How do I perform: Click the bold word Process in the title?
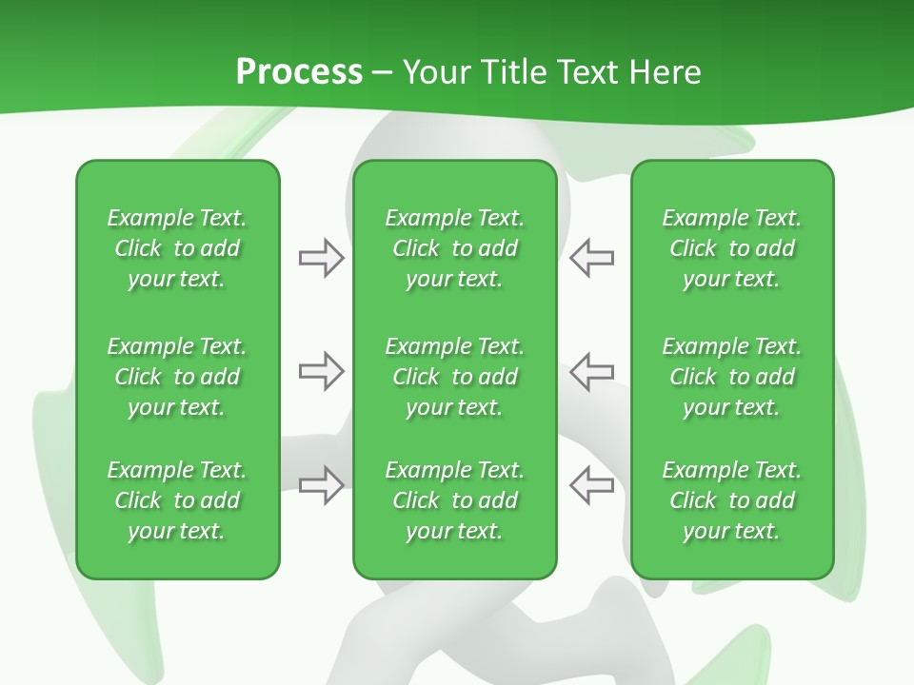(x=299, y=72)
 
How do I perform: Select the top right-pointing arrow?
(x=321, y=258)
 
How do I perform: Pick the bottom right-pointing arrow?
(x=321, y=484)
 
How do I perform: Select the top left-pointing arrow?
(x=591, y=258)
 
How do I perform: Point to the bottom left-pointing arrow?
(x=591, y=484)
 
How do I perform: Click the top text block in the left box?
(x=177, y=248)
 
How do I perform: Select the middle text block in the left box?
(x=177, y=377)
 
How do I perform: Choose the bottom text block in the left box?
(x=177, y=500)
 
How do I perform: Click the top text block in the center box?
(x=454, y=248)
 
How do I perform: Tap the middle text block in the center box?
(x=454, y=377)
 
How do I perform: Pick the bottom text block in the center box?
(x=454, y=500)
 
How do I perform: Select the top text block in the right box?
(x=731, y=248)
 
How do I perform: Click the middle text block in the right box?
(x=731, y=377)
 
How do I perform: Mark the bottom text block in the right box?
(x=731, y=500)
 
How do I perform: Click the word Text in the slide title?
(x=590, y=72)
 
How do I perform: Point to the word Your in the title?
(x=435, y=72)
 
